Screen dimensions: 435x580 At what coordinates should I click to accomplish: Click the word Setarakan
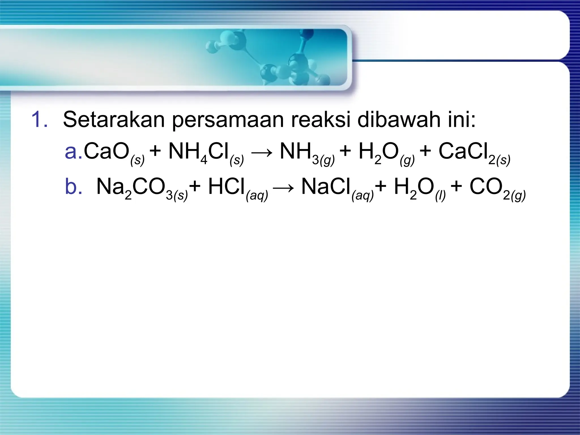(x=114, y=120)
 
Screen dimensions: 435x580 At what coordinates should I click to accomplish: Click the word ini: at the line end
(x=462, y=120)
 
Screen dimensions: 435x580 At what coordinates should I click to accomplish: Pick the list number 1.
(x=39, y=120)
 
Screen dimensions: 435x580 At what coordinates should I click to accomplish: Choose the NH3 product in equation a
(x=300, y=152)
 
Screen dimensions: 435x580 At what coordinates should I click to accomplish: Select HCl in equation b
(x=227, y=187)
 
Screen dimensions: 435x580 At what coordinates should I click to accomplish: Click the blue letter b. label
(x=73, y=187)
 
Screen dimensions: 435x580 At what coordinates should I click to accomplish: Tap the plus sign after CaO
(x=155, y=151)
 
